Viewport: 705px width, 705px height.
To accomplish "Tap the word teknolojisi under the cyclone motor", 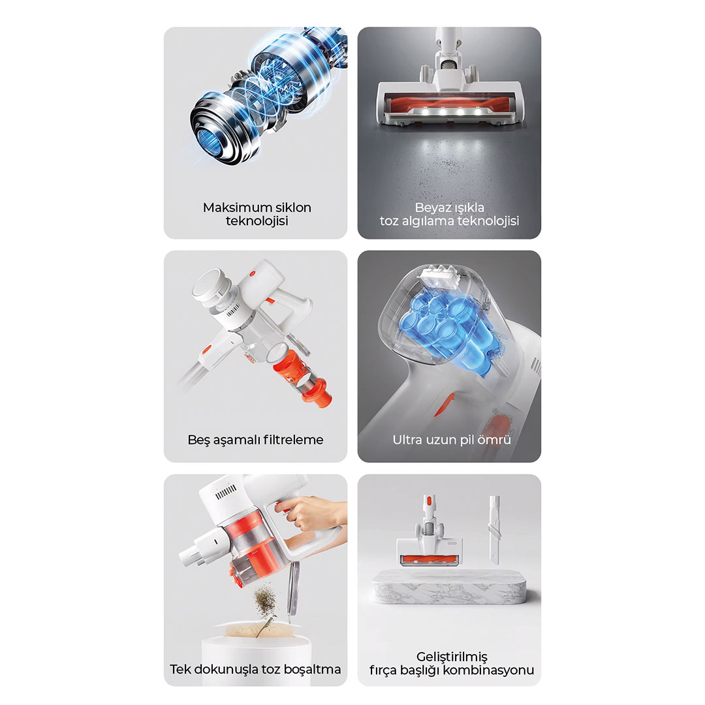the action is pyautogui.click(x=257, y=221).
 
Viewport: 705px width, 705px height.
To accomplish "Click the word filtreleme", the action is pyautogui.click(x=293, y=439).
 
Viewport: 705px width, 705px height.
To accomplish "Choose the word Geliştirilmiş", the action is pyautogui.click(x=452, y=657).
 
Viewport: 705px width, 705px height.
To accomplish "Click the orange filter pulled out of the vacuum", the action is pyautogui.click(x=303, y=377).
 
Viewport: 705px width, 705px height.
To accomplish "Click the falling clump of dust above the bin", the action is pyautogui.click(x=265, y=603).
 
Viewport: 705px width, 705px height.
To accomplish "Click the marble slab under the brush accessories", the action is pyautogui.click(x=449, y=586).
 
